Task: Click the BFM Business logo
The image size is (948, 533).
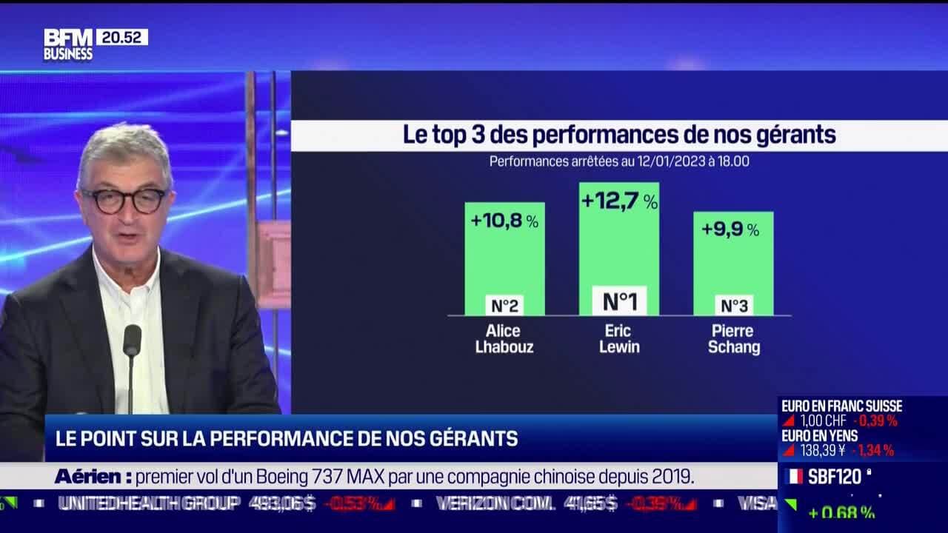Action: (67, 44)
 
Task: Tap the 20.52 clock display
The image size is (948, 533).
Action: (121, 37)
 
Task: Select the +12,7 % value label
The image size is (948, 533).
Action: (619, 201)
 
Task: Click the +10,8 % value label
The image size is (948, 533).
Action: (504, 221)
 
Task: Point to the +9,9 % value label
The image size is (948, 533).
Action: (730, 229)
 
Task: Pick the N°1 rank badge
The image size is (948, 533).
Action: (619, 301)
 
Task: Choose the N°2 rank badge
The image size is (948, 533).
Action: (504, 305)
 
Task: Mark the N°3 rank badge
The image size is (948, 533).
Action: (733, 305)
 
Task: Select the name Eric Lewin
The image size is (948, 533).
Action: (619, 338)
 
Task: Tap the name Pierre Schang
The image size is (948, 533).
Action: (733, 338)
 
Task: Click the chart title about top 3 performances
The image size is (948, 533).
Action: (619, 135)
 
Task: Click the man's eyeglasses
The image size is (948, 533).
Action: (124, 200)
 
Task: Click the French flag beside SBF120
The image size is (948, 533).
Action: (793, 477)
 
